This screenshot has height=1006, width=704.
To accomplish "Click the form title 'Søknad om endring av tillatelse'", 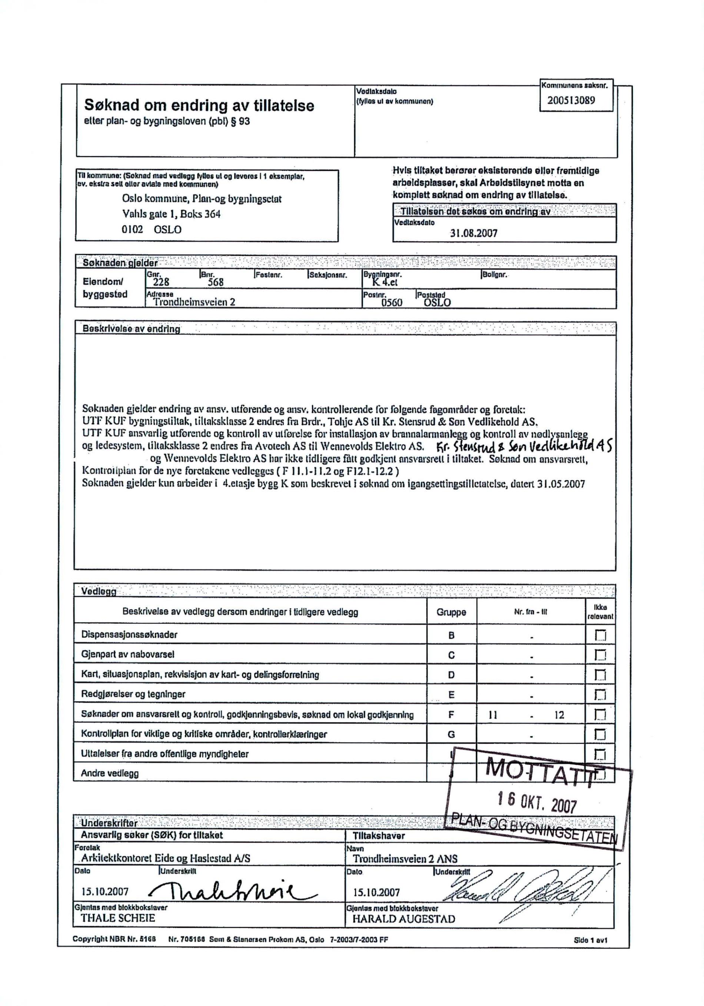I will (x=199, y=105).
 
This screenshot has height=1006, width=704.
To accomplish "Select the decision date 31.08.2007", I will (x=474, y=233).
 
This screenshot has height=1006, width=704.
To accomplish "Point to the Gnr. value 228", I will (x=161, y=282).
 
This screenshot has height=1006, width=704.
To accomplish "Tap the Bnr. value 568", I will (x=216, y=282).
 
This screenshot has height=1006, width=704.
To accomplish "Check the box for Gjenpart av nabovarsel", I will (x=600, y=655).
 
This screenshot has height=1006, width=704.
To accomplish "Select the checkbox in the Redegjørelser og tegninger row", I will (x=600, y=695).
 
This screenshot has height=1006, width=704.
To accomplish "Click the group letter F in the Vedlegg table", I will (x=451, y=715).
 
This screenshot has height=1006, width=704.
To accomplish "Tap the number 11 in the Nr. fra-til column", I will (x=493, y=715).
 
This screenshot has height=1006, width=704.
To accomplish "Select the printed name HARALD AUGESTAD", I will (x=404, y=919).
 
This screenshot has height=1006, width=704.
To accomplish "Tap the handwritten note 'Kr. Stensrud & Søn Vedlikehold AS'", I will (x=524, y=447).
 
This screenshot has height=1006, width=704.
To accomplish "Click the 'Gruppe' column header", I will (x=451, y=612).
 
